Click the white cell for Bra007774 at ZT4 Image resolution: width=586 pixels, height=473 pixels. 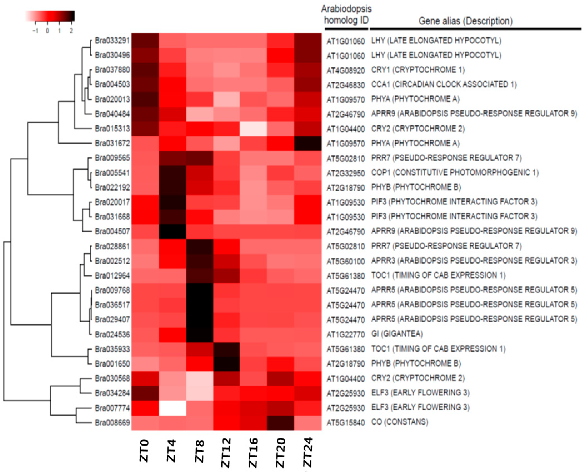tap(172, 408)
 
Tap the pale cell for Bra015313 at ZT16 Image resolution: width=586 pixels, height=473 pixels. tap(253, 128)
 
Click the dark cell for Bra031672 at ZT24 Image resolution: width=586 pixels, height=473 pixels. tap(308, 143)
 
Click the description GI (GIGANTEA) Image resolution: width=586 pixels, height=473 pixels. tap(397, 334)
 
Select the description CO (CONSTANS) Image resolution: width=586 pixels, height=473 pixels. tap(400, 422)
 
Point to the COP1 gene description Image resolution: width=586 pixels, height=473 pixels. tap(455, 173)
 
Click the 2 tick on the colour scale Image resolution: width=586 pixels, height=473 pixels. tap(71, 31)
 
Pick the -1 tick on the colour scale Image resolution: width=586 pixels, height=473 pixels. tap(35, 31)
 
